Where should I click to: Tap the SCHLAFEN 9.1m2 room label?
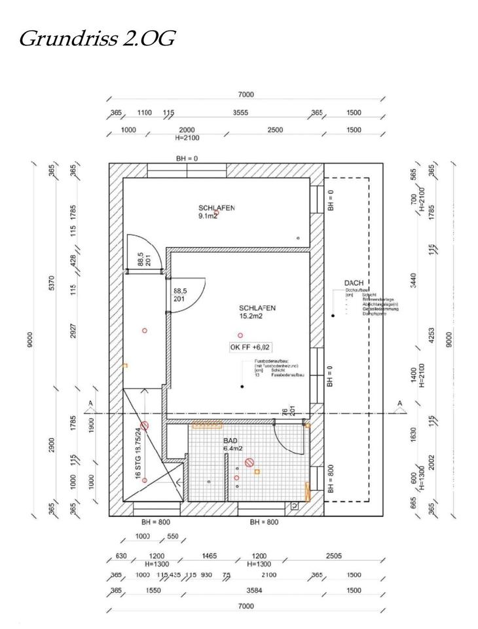point(217,211)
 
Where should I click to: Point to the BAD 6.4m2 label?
point(233,445)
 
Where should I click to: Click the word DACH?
point(354,284)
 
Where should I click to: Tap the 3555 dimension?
point(240,113)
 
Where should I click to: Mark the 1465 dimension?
point(209,556)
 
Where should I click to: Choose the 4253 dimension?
point(432,335)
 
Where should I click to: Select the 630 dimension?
point(120,556)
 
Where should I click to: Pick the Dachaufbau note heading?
point(358,290)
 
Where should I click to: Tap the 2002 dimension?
point(432,463)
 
